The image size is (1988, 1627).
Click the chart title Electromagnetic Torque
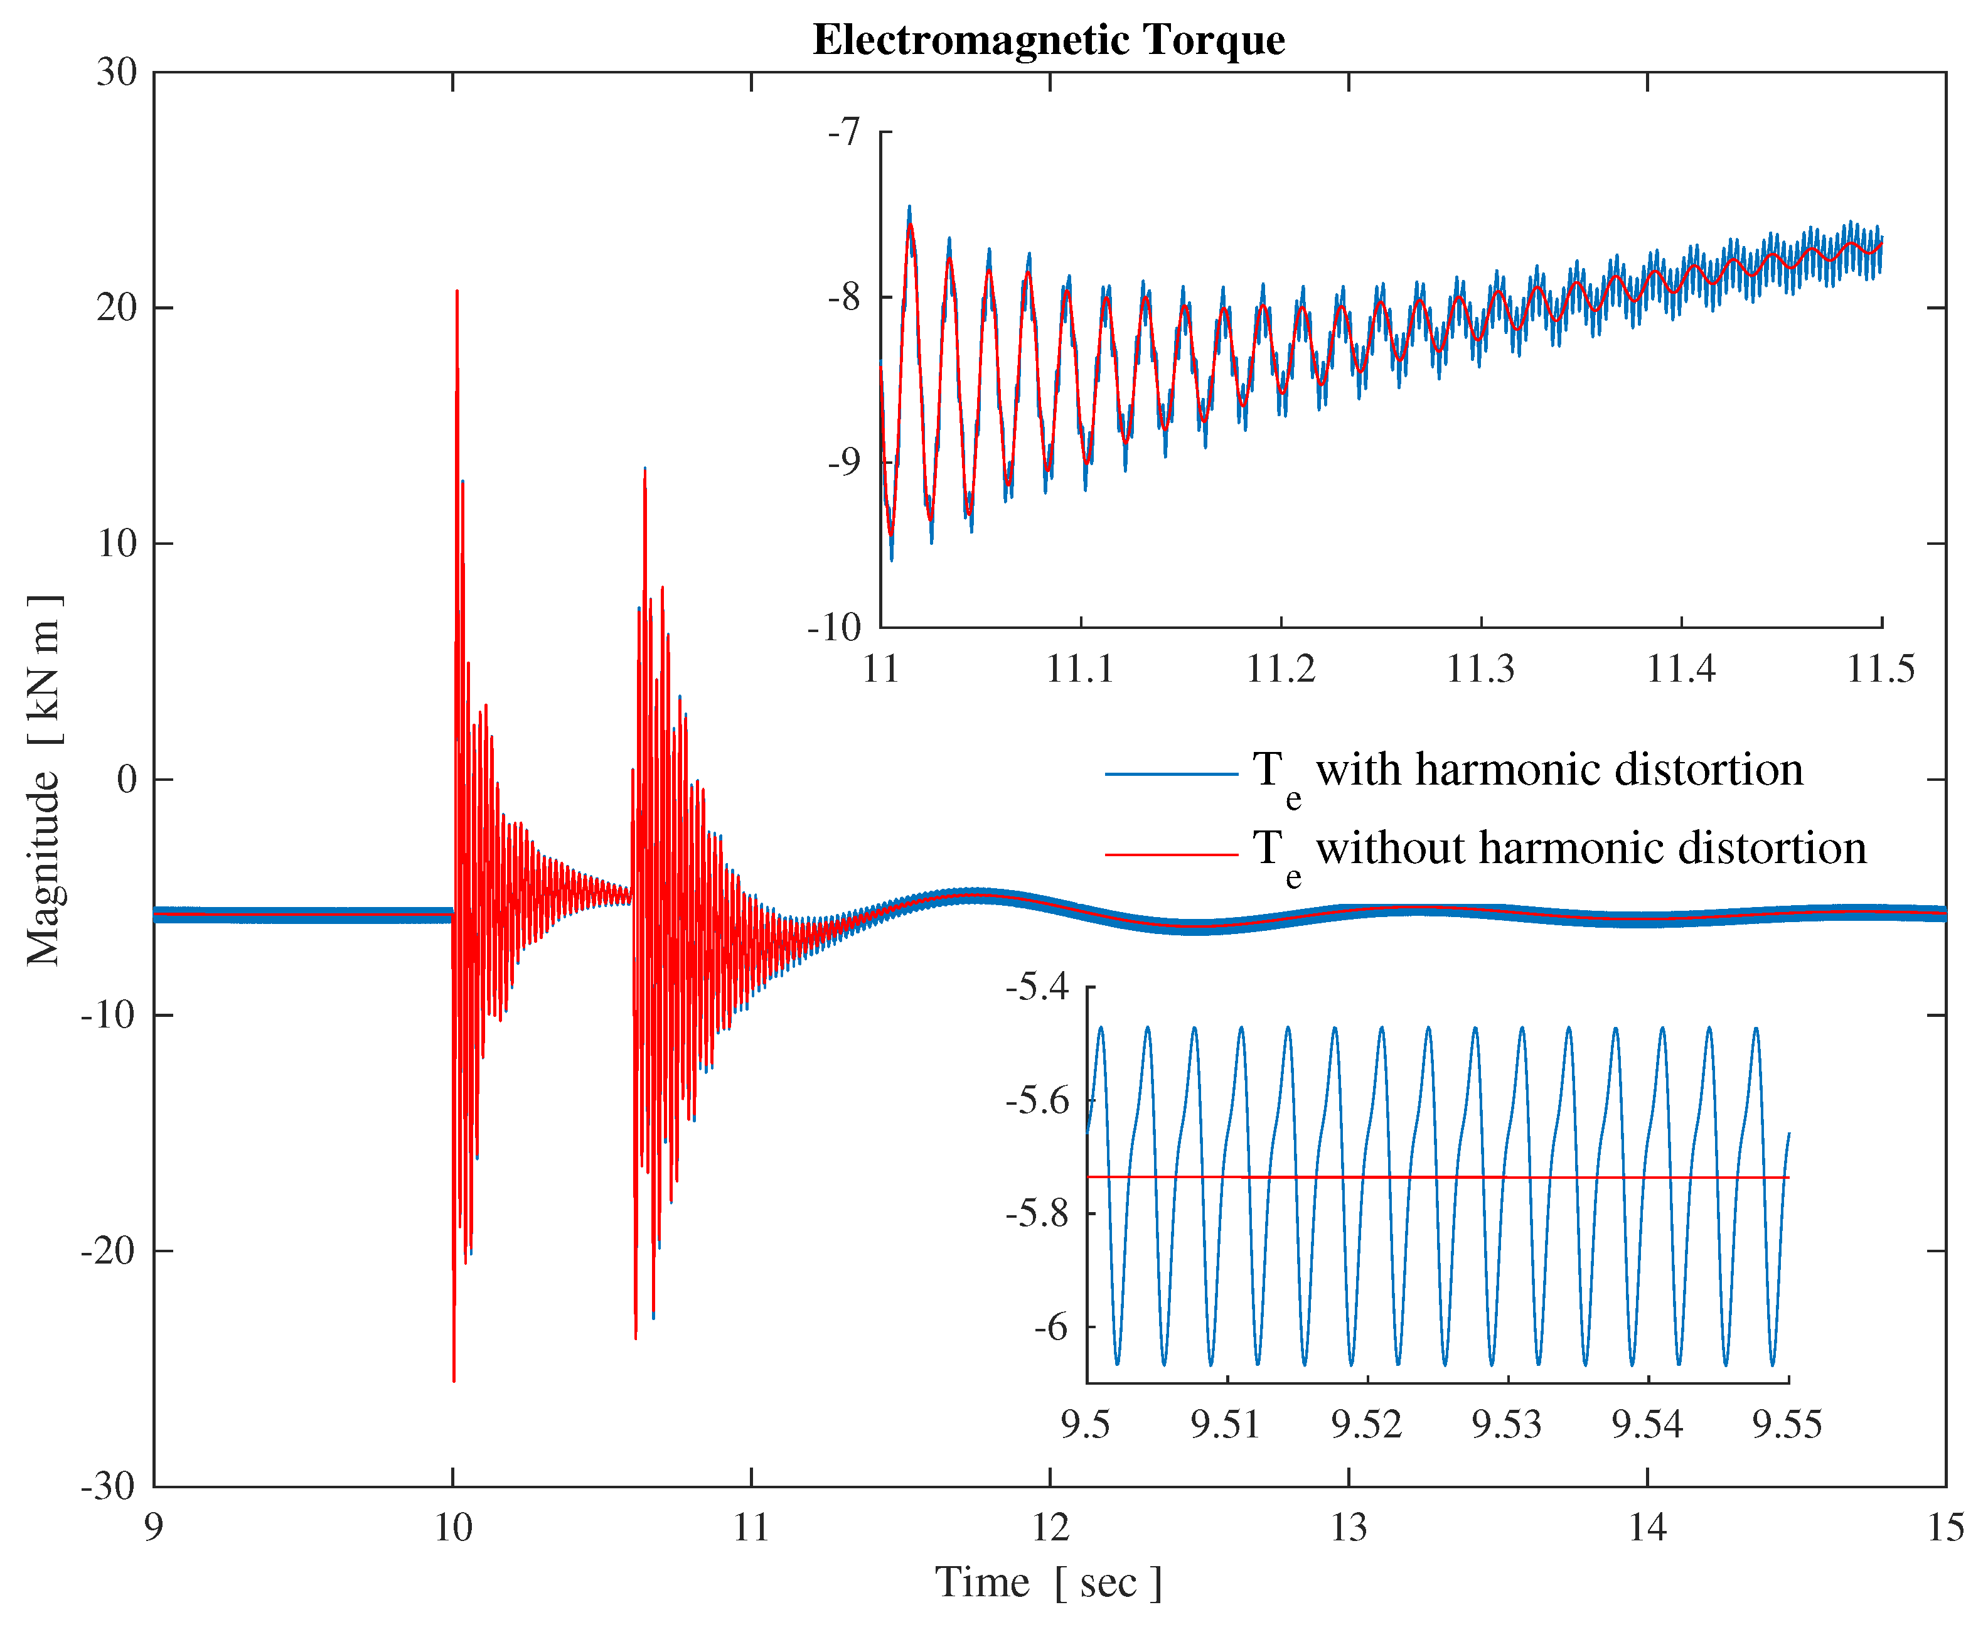[x=1049, y=40]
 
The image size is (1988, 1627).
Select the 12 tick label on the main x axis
[x=1050, y=1528]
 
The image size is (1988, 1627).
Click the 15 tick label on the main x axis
[x=1946, y=1528]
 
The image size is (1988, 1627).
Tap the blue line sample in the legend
[x=1171, y=774]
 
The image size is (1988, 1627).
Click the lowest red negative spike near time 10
[x=454, y=1380]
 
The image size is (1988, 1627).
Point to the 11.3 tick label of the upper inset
[x=1480, y=669]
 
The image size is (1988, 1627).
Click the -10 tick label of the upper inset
[x=834, y=628]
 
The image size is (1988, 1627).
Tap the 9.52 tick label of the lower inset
[x=1367, y=1424]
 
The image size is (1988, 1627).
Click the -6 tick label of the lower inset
[x=1050, y=1327]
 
